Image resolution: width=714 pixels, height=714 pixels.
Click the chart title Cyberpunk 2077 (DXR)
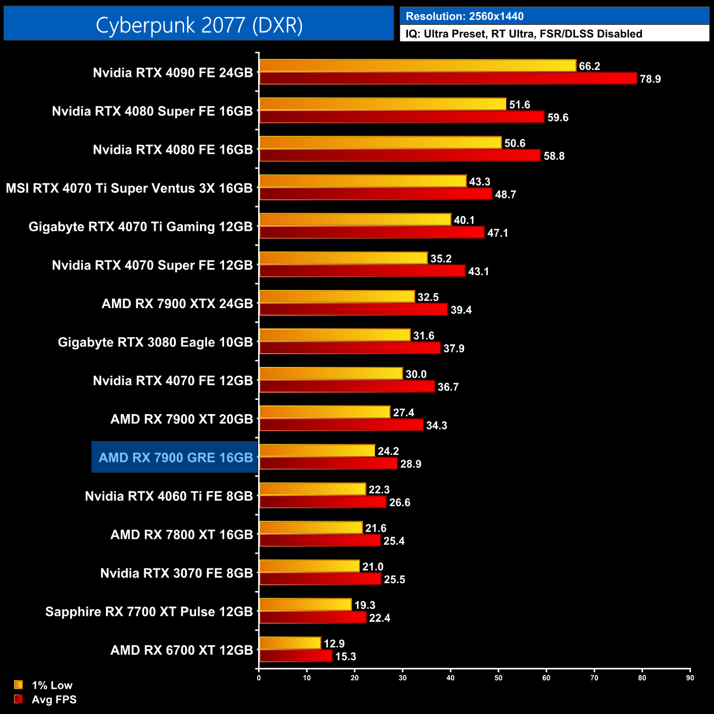[199, 25]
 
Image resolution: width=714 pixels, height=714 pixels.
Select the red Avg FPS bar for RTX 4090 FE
[448, 79]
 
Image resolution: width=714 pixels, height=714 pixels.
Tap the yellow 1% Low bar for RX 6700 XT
[290, 643]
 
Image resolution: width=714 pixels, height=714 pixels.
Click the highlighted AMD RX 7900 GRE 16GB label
[176, 458]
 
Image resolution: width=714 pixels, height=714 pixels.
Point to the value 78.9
[650, 79]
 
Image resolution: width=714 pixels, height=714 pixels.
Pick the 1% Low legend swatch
[19, 685]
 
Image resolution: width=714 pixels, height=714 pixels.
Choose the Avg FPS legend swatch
[19, 699]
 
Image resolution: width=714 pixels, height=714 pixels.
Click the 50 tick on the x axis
[498, 678]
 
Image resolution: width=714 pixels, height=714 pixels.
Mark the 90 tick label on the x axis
[690, 678]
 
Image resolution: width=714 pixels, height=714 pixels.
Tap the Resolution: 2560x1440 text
[465, 16]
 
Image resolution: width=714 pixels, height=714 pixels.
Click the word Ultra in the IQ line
[436, 34]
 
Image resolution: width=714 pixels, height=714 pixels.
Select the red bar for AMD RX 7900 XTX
[353, 309]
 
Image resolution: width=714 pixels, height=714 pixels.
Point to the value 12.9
[334, 644]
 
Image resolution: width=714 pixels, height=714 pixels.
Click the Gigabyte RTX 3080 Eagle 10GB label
[155, 342]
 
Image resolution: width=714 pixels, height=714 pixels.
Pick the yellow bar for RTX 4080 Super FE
[382, 104]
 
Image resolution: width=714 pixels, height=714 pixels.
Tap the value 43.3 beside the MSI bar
[479, 182]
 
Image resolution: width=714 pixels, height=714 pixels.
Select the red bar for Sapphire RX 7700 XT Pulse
[313, 617]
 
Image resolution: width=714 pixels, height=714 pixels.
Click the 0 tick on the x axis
[259, 678]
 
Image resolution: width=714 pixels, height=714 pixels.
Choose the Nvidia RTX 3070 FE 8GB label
[176, 573]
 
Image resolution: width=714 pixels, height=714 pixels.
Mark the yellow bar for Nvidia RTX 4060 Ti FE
[313, 489]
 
